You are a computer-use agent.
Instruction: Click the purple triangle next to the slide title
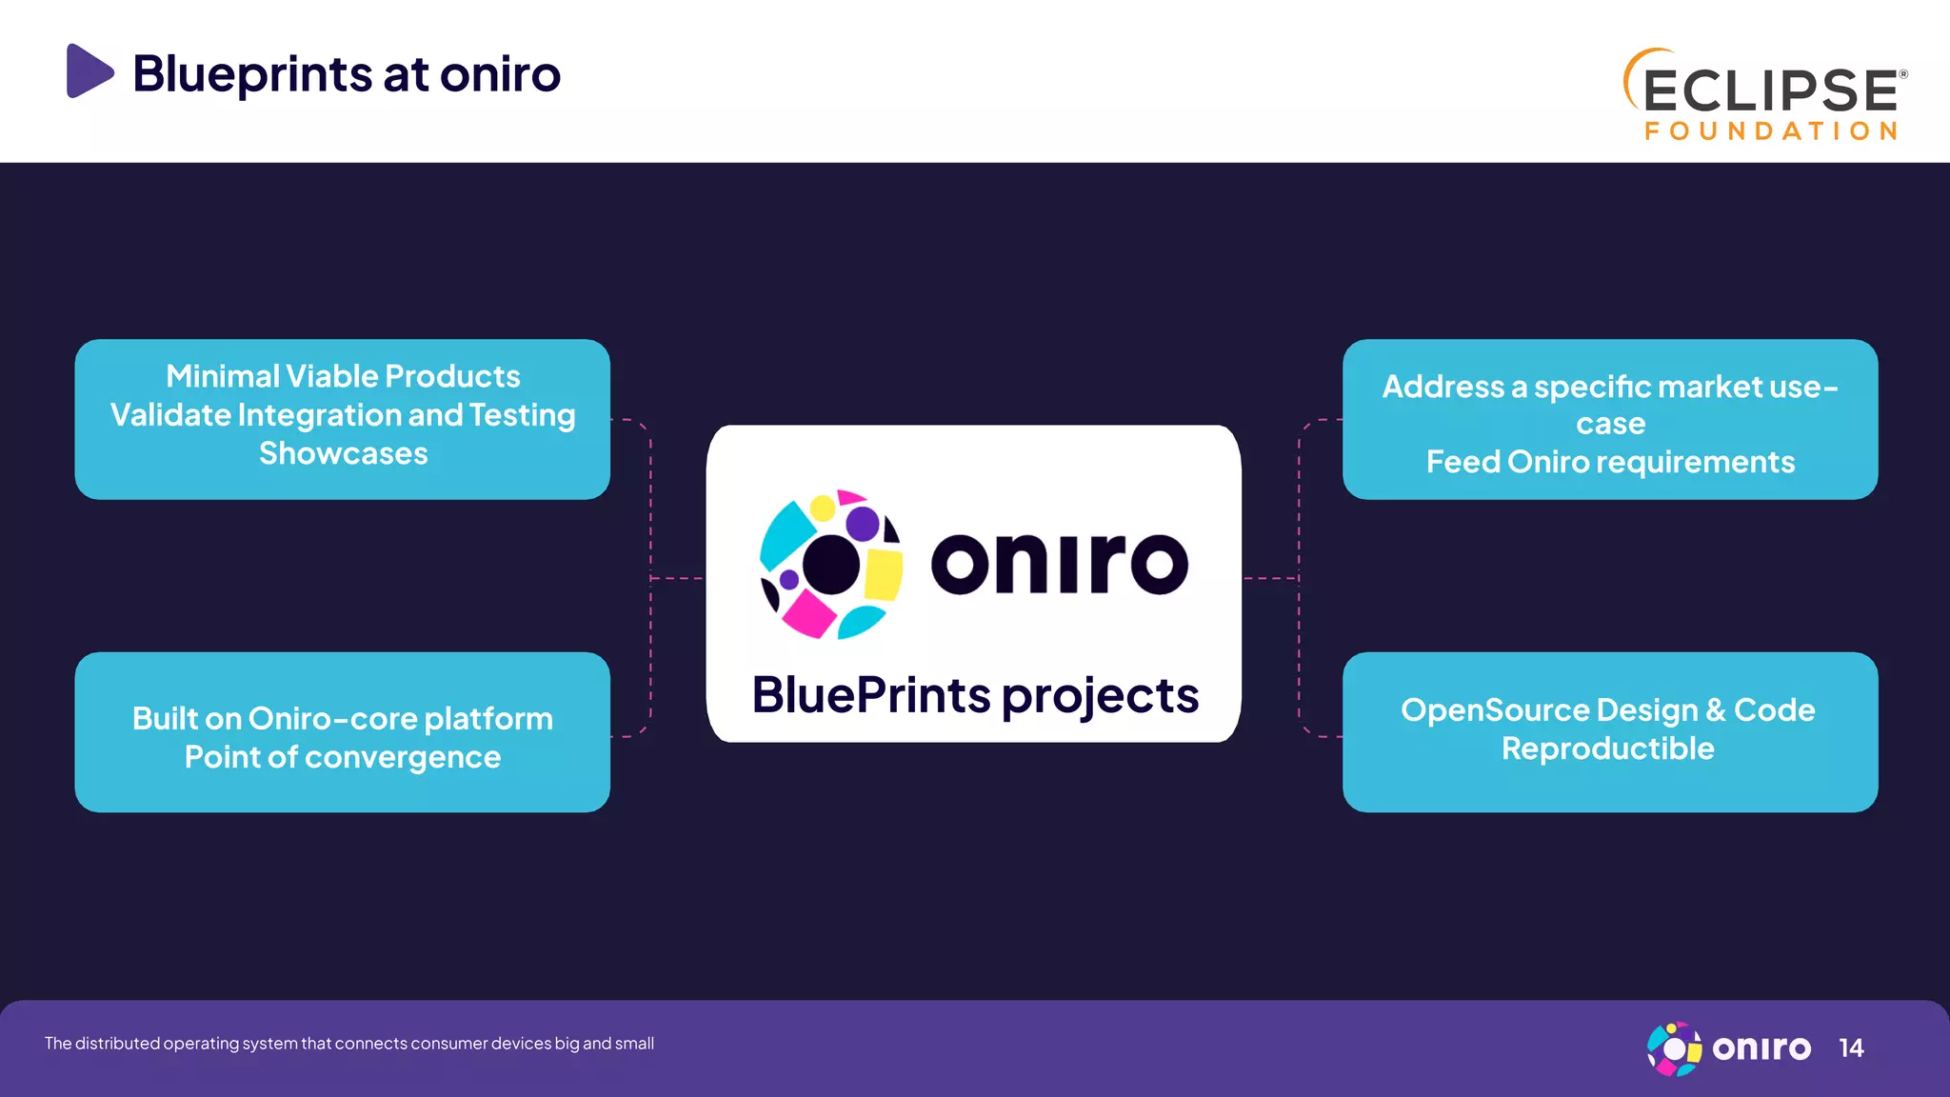tap(88, 71)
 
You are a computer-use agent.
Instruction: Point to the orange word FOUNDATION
tap(1771, 131)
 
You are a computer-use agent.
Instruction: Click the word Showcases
tap(343, 454)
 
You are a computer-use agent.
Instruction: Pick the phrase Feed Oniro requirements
tap(1609, 463)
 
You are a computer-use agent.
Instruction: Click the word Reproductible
tap(1607, 749)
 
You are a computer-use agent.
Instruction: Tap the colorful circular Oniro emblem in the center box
tap(830, 565)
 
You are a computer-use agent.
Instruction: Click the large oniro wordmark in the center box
tap(1059, 564)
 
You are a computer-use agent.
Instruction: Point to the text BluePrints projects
tap(974, 695)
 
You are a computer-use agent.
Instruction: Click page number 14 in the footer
tap(1850, 1048)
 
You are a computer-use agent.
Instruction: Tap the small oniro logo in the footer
tap(1728, 1048)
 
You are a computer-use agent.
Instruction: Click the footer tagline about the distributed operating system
tap(348, 1044)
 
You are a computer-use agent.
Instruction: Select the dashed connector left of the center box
tap(676, 578)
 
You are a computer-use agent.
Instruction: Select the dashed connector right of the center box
tap(1271, 578)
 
